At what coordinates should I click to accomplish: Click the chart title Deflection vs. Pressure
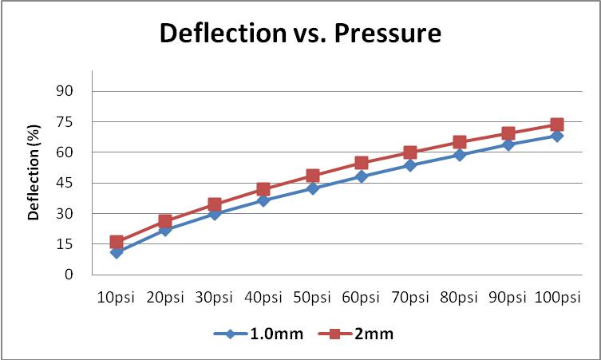coord(300,34)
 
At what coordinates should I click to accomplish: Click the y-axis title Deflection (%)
coord(34,183)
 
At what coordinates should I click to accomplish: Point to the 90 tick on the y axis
coord(64,91)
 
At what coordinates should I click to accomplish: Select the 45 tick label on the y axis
coord(64,183)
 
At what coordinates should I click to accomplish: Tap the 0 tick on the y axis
coord(69,275)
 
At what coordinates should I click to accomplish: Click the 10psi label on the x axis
coord(117,298)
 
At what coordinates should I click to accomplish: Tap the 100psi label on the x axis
coord(557,298)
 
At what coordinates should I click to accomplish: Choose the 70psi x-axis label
coord(410,298)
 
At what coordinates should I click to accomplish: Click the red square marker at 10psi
coord(117,242)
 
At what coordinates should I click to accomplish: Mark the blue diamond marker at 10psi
coord(117,252)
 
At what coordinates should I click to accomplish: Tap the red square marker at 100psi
coord(557,125)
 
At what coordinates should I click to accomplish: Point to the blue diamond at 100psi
coord(557,136)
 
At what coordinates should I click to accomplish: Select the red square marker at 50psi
coord(312,176)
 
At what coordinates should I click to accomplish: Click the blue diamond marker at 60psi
coord(362,176)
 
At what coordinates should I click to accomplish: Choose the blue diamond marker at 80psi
coord(460,155)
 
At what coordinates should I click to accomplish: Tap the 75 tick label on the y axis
coord(64,121)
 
